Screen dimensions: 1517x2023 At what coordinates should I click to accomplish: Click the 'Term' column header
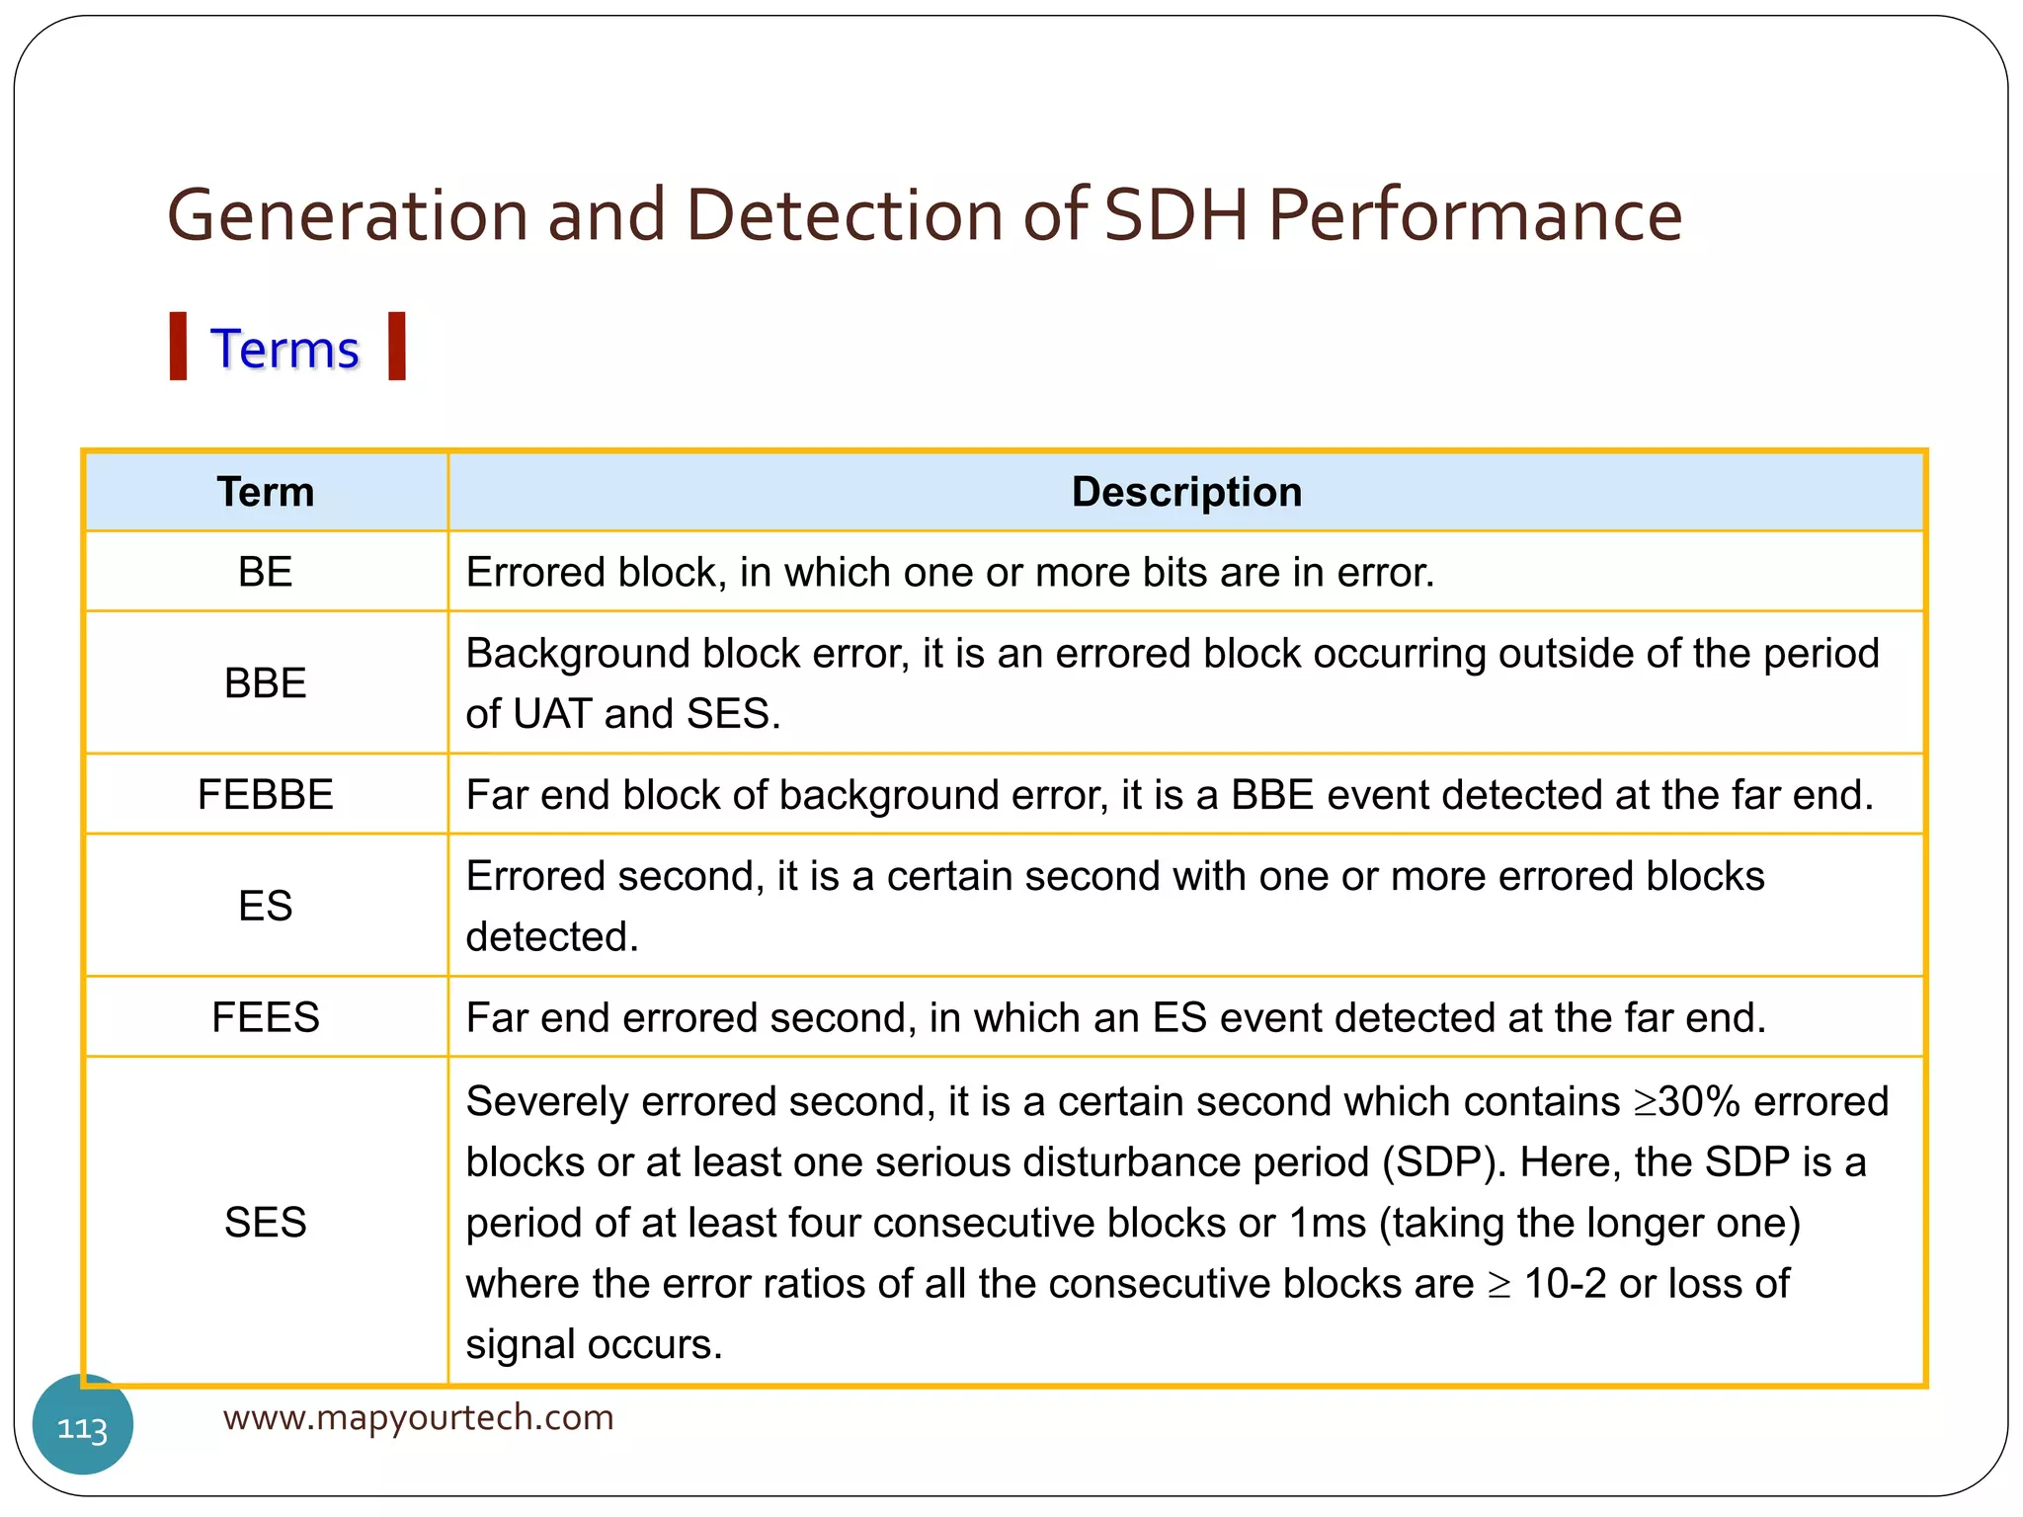tap(265, 492)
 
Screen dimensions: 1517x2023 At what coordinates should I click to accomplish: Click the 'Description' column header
tap(1186, 492)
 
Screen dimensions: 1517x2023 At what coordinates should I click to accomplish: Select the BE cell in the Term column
tap(265, 572)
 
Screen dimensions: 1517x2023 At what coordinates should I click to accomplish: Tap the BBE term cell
tap(265, 683)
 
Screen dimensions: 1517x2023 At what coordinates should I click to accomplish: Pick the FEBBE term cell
tap(265, 795)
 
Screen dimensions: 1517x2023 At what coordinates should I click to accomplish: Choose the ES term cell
tap(265, 906)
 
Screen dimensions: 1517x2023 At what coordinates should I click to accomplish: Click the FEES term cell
tap(265, 1017)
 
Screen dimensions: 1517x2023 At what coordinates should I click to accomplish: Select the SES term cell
tap(265, 1223)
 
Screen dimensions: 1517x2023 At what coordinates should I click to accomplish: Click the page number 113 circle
tap(83, 1426)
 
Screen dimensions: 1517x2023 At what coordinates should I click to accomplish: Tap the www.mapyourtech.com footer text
tap(418, 1417)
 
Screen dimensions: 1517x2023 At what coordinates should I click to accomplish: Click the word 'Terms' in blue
tap(284, 350)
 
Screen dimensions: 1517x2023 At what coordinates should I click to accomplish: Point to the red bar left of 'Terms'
tap(178, 346)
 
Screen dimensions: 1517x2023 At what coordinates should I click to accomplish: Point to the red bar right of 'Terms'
tap(397, 346)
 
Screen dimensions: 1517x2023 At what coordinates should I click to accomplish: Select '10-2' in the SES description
tap(1565, 1284)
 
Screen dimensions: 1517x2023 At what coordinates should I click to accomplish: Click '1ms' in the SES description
tap(1328, 1224)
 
